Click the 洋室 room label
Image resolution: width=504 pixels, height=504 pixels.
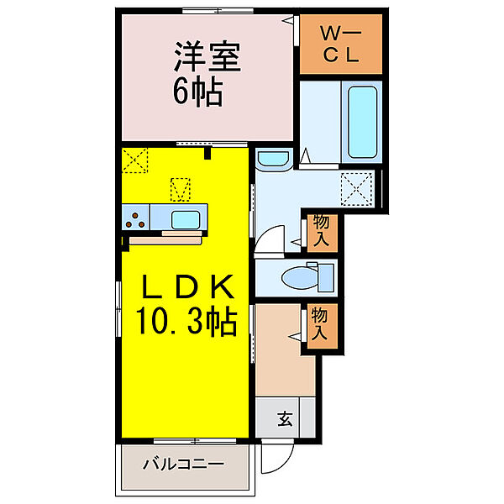(207, 56)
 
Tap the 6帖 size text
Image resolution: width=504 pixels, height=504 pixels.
(197, 92)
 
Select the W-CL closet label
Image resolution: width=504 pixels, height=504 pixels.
(341, 45)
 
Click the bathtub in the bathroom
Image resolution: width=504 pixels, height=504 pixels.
(362, 122)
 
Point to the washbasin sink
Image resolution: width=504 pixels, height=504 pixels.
(274, 159)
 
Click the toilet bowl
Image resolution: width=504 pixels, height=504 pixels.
(301, 278)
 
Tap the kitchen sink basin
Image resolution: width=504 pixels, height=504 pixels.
(186, 219)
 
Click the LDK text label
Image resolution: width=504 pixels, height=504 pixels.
(187, 286)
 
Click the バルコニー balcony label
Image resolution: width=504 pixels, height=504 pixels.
(183, 465)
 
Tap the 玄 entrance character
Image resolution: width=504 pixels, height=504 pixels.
(285, 418)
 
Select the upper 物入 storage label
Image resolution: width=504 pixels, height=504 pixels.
(322, 230)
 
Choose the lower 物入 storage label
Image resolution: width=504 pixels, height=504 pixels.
(319, 323)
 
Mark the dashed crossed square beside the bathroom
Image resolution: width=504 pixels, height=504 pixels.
(356, 189)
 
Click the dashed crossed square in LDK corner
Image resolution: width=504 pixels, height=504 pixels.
(135, 160)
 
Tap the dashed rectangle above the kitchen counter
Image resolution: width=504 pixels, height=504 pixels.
(181, 190)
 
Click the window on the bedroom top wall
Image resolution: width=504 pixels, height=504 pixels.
(218, 11)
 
